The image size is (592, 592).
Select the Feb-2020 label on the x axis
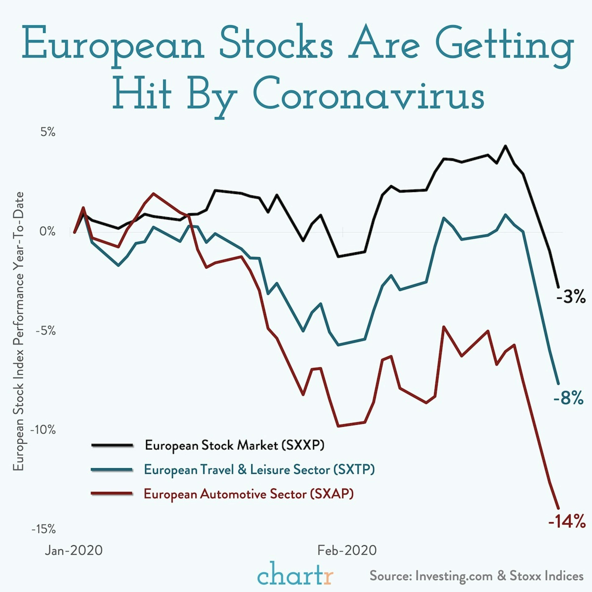point(347,550)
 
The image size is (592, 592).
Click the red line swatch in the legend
point(112,494)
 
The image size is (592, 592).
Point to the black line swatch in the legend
point(112,445)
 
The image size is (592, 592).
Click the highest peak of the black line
point(505,146)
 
